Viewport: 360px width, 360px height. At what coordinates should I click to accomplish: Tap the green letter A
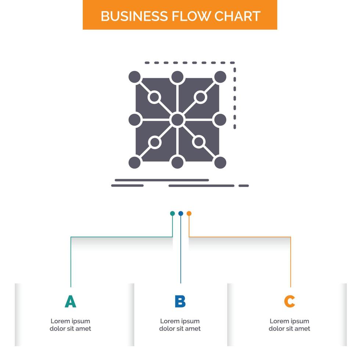click(71, 301)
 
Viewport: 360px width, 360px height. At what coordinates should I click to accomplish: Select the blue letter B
click(180, 301)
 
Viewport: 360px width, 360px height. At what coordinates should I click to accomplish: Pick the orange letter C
click(289, 301)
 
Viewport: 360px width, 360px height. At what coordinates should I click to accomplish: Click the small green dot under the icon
click(172, 213)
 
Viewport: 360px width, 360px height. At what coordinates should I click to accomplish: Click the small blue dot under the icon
click(181, 213)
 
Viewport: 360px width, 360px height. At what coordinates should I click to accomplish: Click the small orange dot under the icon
click(189, 213)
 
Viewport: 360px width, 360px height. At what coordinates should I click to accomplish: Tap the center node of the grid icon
click(177, 119)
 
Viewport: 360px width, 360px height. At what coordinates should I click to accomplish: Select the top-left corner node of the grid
click(135, 77)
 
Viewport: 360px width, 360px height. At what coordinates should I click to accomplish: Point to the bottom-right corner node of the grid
click(220, 162)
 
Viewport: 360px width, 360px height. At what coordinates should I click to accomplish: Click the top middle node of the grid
click(177, 77)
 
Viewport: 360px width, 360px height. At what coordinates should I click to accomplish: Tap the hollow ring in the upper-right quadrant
click(200, 97)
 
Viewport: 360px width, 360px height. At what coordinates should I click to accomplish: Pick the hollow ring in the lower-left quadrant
click(155, 142)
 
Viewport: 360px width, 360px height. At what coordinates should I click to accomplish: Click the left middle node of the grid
click(135, 119)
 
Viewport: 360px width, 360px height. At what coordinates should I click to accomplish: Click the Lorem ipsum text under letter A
click(71, 325)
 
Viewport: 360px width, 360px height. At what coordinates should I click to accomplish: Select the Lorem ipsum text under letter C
click(289, 325)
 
